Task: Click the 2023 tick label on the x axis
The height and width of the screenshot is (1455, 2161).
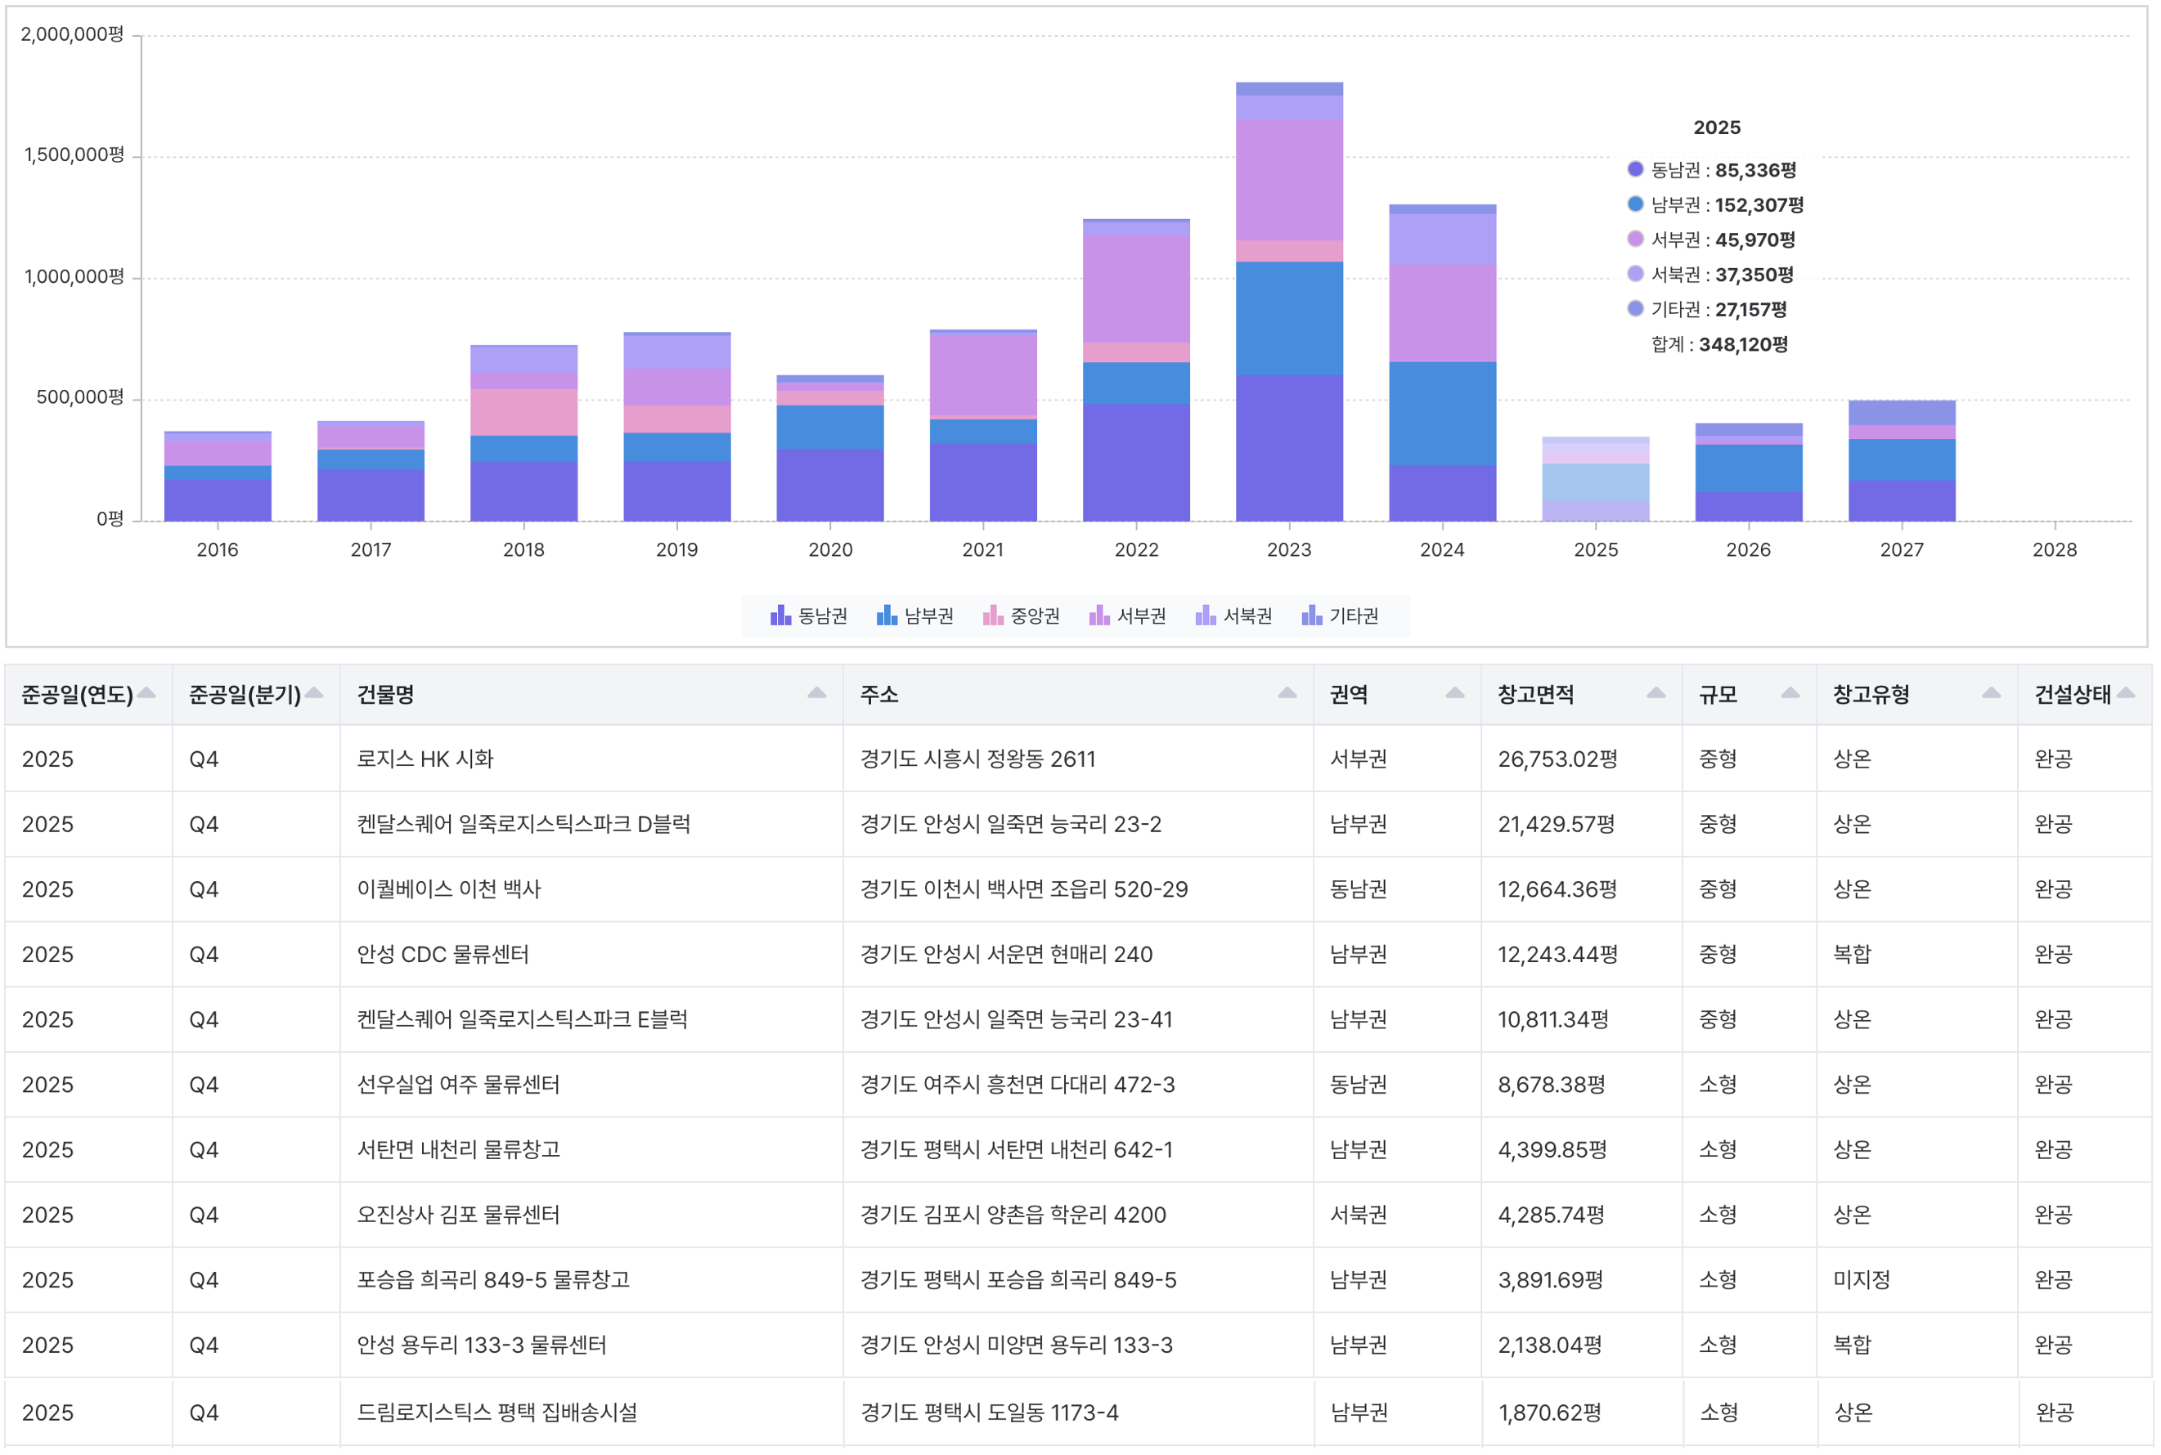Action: (x=1288, y=549)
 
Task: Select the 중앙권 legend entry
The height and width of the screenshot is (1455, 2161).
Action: (x=1021, y=616)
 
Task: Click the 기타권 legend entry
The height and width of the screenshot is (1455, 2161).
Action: (x=1340, y=616)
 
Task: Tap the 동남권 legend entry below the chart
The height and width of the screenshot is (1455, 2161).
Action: (x=808, y=616)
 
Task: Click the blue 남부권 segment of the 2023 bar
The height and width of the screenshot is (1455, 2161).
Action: (x=1288, y=318)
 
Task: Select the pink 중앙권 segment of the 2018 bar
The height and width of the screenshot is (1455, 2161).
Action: (x=523, y=412)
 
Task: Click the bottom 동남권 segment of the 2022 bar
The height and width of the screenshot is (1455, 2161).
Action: (x=1136, y=462)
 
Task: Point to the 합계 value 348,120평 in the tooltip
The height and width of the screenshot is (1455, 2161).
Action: (x=1742, y=344)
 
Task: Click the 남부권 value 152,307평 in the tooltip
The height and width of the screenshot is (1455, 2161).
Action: (x=1759, y=205)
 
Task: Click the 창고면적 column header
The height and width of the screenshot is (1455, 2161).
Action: (x=1535, y=694)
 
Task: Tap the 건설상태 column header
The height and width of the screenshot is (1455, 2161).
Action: (x=2072, y=694)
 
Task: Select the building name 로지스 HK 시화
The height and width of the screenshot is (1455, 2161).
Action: (x=425, y=759)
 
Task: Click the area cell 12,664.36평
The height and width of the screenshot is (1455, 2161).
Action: (x=1557, y=889)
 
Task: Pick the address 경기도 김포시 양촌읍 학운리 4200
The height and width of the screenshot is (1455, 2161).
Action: (x=1013, y=1215)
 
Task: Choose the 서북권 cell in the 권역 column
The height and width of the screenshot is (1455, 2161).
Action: (x=1358, y=1215)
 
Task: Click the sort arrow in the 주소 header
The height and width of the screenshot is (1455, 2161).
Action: (x=1287, y=693)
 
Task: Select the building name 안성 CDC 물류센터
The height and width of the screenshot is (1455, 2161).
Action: (x=443, y=954)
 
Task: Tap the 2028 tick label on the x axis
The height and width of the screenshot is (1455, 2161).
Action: (x=2054, y=549)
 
